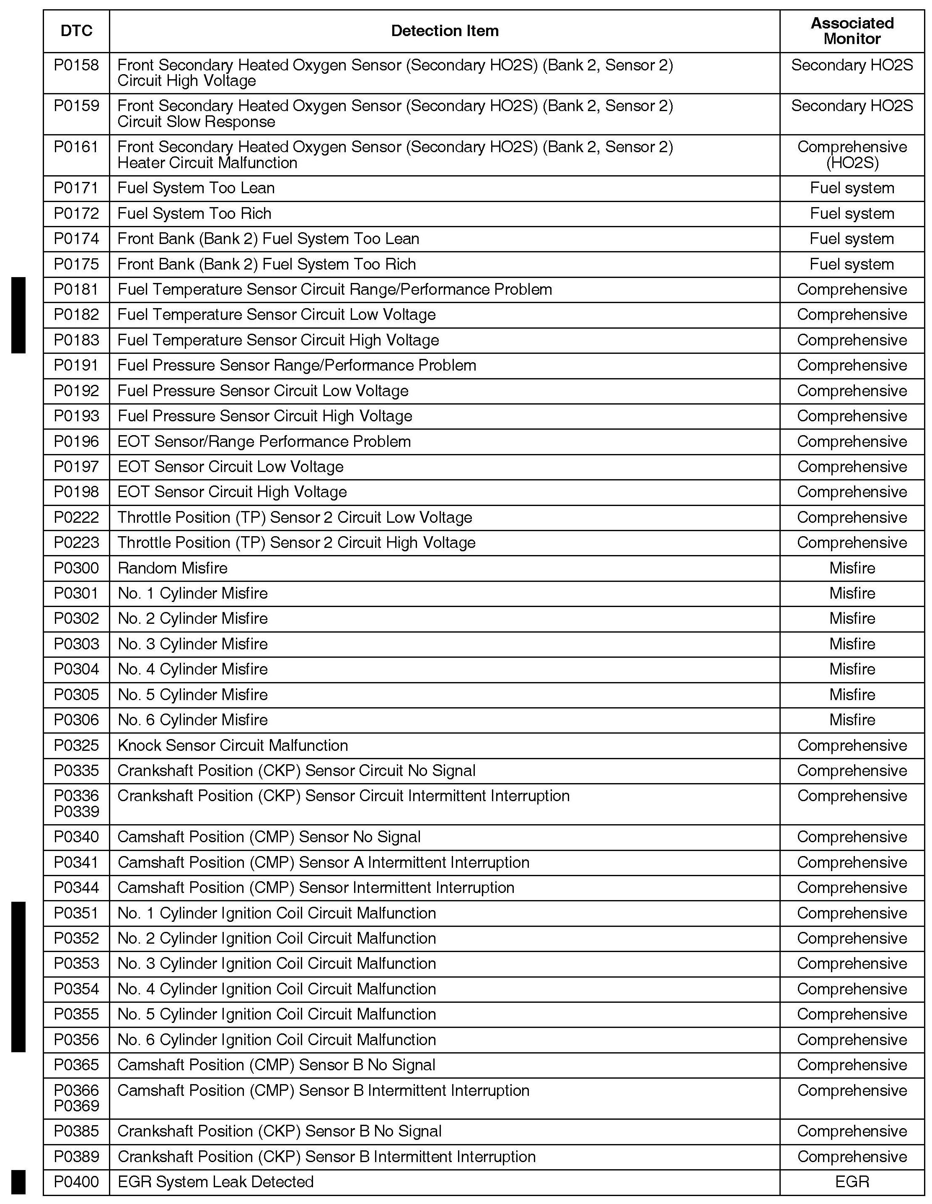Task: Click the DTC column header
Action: (77, 31)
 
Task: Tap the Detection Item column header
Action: (445, 31)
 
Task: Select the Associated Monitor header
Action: (852, 31)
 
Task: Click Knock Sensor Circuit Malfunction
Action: (233, 746)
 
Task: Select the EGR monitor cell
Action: (852, 1182)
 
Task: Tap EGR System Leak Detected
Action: (215, 1182)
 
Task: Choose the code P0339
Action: (77, 812)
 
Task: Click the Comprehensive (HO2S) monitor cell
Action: (852, 155)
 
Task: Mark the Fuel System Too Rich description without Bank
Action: (194, 214)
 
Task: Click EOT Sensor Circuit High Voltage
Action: (232, 492)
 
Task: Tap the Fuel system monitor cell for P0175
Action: (852, 265)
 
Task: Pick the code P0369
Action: (77, 1106)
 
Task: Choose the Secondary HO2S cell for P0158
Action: (852, 65)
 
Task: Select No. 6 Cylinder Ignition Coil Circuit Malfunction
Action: (277, 1040)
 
